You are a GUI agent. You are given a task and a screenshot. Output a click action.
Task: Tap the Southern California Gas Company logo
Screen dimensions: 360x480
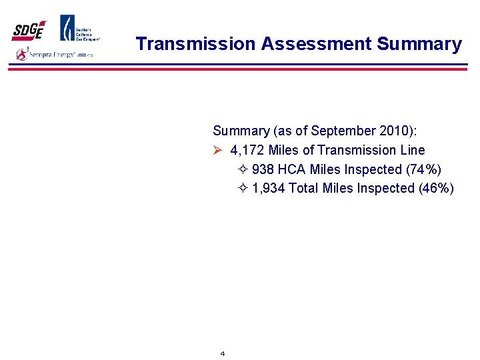(x=80, y=29)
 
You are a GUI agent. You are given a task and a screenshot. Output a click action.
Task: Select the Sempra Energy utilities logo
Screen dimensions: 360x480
(x=55, y=55)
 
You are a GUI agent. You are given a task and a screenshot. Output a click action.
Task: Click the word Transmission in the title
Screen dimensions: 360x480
(x=195, y=44)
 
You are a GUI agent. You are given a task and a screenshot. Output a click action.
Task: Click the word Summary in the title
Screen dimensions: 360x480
(x=419, y=44)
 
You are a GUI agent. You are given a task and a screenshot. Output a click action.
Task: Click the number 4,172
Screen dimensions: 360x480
(x=247, y=150)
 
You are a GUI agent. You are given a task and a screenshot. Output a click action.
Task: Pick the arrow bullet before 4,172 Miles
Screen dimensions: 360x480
(x=217, y=150)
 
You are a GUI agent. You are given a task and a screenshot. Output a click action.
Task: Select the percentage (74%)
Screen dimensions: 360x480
(x=423, y=169)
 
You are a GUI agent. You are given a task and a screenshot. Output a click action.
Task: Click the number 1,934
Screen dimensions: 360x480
(x=269, y=188)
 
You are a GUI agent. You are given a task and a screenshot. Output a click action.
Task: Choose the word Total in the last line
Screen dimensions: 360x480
(x=303, y=188)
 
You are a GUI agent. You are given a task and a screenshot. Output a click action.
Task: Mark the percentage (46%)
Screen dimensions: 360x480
(x=436, y=188)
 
